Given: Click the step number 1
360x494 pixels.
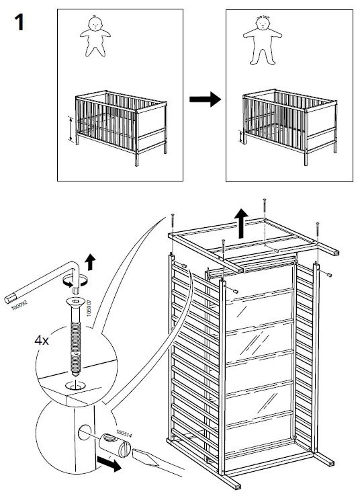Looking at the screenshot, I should pyautogui.click(x=19, y=23).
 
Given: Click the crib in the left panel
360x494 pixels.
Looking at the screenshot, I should pyautogui.click(x=120, y=123).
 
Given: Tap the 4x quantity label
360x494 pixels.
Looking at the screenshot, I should pyautogui.click(x=42, y=340).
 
